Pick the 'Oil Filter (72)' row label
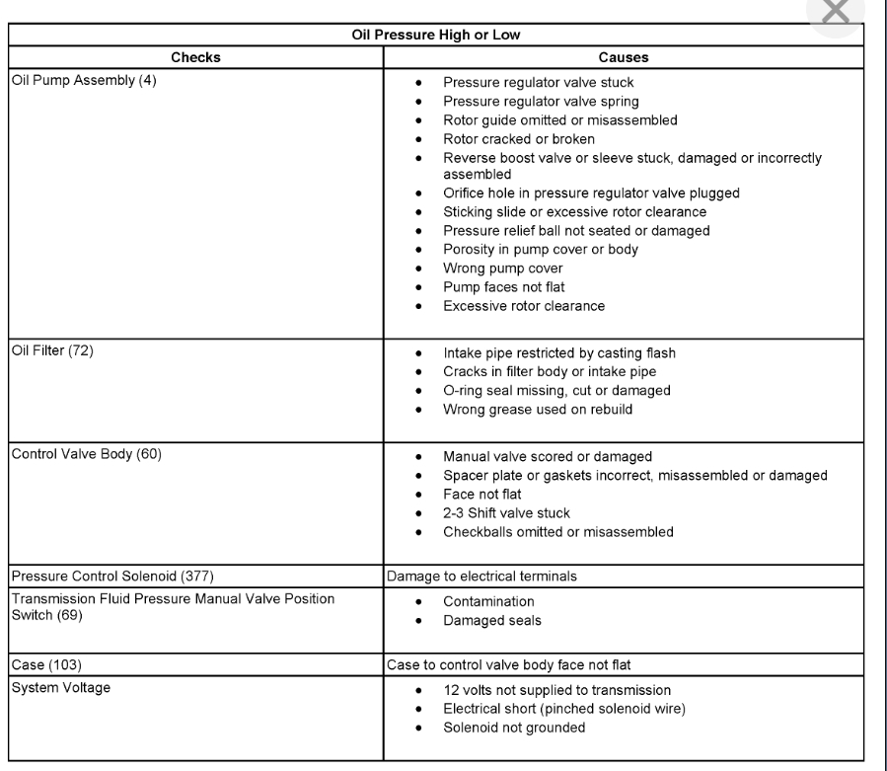coord(51,350)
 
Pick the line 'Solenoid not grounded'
coord(514,728)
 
